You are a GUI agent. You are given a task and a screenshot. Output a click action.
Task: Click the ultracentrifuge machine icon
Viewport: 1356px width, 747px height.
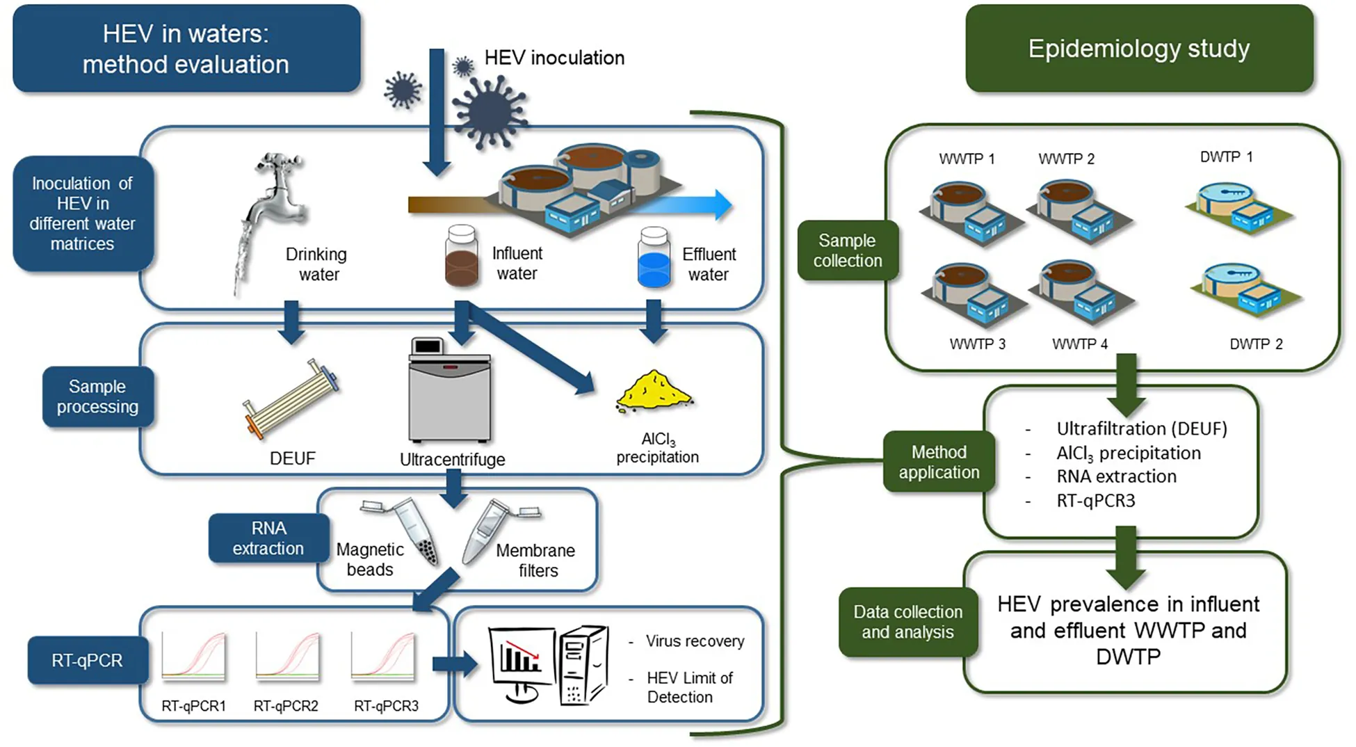pyautogui.click(x=450, y=391)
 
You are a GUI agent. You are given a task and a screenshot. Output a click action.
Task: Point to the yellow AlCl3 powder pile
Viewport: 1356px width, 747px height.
pyautogui.click(x=654, y=391)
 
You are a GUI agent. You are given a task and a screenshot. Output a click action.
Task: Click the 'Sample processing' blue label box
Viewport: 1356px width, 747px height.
pyautogui.click(x=97, y=396)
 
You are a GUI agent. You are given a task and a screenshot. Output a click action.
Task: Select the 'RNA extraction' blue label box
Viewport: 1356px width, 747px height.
pyautogui.click(x=268, y=538)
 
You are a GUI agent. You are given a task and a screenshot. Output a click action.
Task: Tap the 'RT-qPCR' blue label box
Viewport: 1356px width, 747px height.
pyautogui.click(x=87, y=660)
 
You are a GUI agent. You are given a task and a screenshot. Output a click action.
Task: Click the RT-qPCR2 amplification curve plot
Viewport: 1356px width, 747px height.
pyautogui.click(x=287, y=655)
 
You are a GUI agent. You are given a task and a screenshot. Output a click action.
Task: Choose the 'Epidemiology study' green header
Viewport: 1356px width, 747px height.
pyautogui.click(x=1139, y=49)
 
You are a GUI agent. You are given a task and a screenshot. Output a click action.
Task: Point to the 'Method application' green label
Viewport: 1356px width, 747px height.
pyautogui.click(x=939, y=462)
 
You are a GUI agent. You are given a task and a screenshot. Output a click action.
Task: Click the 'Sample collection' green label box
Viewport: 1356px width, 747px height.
pyautogui.click(x=848, y=250)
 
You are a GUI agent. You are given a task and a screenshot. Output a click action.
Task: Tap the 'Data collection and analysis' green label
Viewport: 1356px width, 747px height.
pyautogui.click(x=908, y=622)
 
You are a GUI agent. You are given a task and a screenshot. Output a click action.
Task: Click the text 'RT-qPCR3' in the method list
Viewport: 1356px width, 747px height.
pyautogui.click(x=1095, y=501)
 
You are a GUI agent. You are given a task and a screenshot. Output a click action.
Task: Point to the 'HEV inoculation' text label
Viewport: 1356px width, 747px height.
pyautogui.click(x=554, y=58)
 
